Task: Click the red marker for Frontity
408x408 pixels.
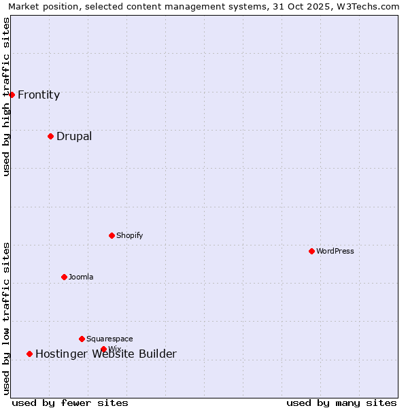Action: (12, 95)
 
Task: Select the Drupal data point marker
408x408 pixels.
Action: (50, 136)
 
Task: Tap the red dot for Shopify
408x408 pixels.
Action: (112, 235)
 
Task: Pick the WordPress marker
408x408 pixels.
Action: (311, 251)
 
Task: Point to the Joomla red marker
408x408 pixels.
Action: (64, 277)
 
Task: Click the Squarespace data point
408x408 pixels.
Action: (82, 339)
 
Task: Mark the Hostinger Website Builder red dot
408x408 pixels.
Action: (29, 354)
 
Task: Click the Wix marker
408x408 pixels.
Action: (103, 349)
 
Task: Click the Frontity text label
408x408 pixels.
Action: (39, 95)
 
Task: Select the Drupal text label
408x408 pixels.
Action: (74, 136)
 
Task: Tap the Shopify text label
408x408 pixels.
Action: (129, 235)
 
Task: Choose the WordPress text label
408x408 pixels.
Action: (335, 251)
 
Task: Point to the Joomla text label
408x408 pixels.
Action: (81, 277)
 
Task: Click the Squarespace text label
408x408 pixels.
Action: (109, 339)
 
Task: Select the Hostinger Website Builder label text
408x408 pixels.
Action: (106, 354)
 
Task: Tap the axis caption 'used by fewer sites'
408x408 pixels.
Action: (70, 403)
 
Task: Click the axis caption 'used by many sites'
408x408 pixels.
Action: (341, 403)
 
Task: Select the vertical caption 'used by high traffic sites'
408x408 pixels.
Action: (6, 97)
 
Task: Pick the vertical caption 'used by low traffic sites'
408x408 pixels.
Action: (6, 318)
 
